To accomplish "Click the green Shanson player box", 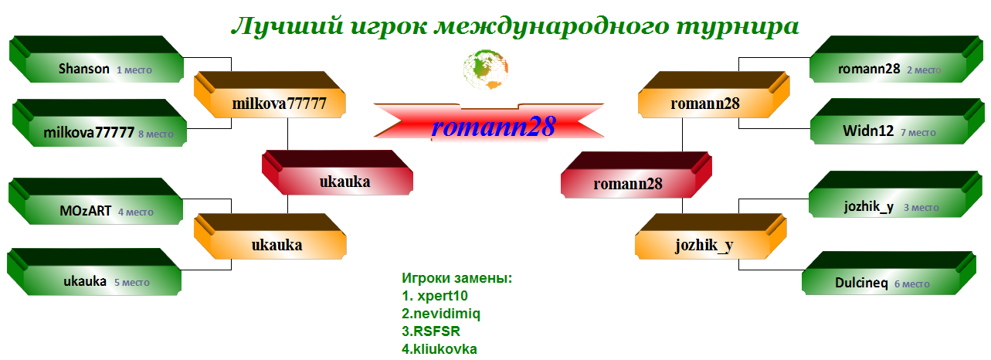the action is click(x=96, y=59).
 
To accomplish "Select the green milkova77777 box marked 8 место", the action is click(x=99, y=123).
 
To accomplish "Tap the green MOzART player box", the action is click(x=96, y=201).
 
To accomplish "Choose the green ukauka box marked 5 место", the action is click(x=94, y=272).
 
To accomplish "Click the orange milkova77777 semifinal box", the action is click(x=270, y=95).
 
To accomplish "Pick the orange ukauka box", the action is click(x=270, y=236).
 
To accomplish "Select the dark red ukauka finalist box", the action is click(x=337, y=172).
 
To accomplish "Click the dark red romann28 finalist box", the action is click(x=636, y=175).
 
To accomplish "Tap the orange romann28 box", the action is click(x=714, y=95).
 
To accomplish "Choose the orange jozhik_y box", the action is click(x=711, y=236).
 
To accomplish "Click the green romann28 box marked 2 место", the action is click(x=896, y=59).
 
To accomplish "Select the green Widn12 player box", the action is click(x=898, y=121).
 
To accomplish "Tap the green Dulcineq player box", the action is click(x=889, y=273).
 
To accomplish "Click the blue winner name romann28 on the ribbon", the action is click(x=493, y=127).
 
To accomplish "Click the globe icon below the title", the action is click(x=486, y=70).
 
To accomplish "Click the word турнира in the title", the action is click(x=738, y=26).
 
